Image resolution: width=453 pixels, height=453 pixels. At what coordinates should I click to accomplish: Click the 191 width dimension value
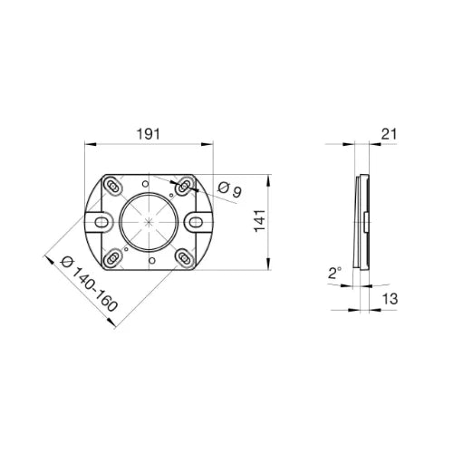[x=149, y=134]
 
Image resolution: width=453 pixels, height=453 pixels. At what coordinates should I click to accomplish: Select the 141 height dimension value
[x=260, y=220]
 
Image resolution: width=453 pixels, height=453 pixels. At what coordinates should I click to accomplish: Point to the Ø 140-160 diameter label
[x=89, y=284]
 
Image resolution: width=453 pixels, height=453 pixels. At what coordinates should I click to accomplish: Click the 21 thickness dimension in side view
[x=389, y=134]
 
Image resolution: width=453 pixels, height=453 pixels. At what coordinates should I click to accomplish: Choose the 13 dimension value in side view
[x=390, y=299]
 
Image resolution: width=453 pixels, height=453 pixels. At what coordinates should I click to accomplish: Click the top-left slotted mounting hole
[x=113, y=187]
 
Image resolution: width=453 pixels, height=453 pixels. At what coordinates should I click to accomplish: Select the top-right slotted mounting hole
[x=184, y=188]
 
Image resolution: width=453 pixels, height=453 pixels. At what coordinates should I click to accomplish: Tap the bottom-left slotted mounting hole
[x=113, y=257]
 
